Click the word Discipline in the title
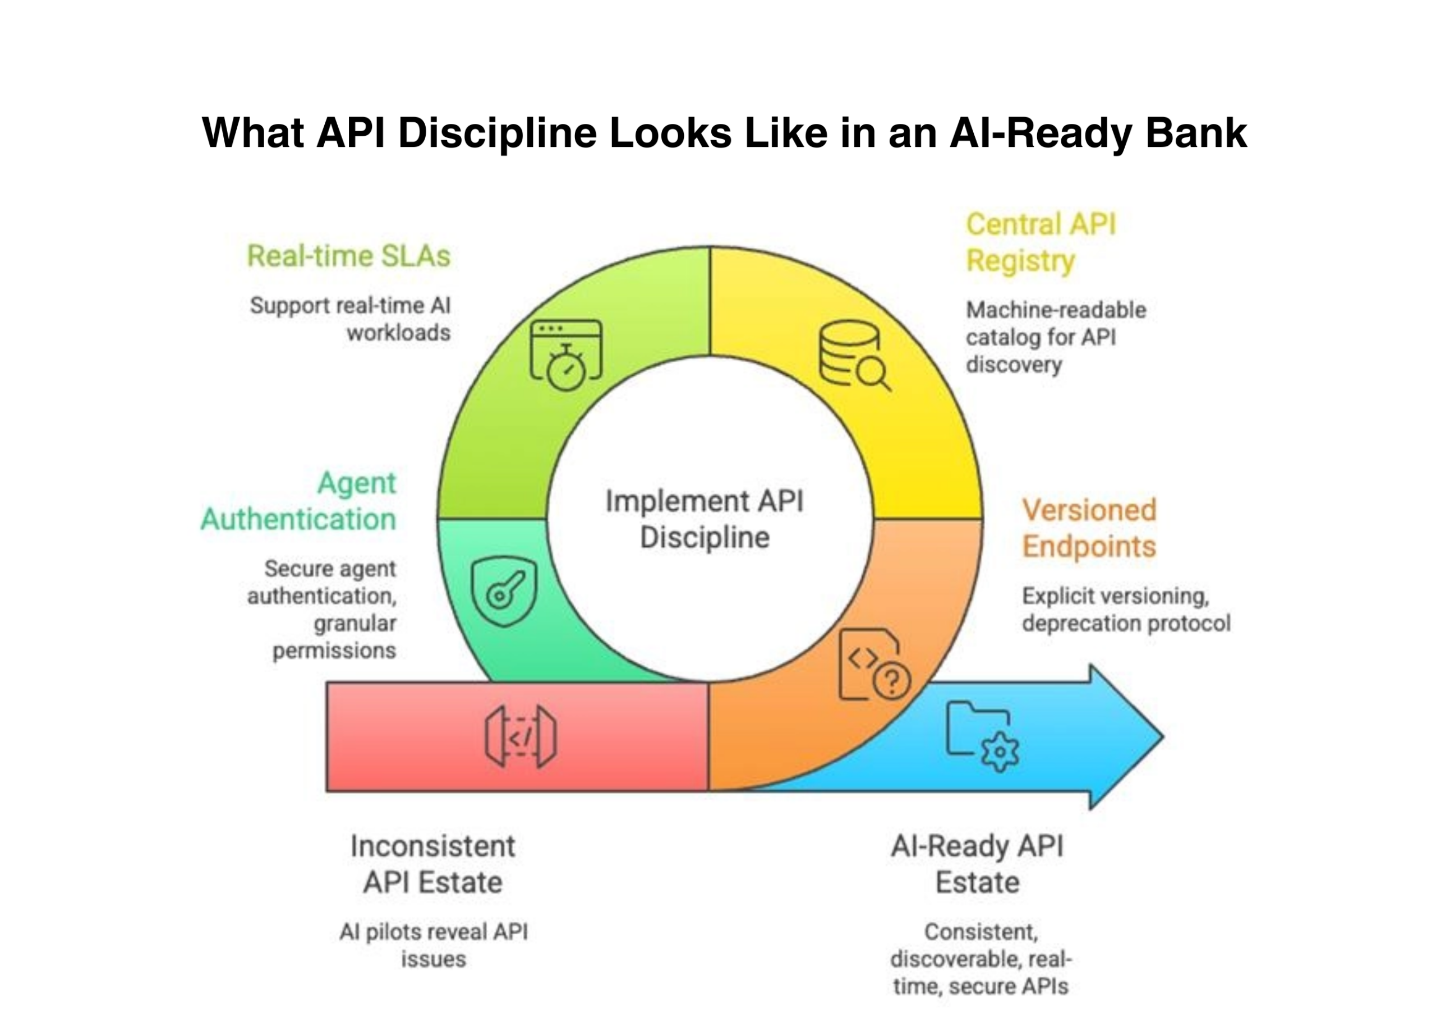(497, 133)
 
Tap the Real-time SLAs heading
(348, 256)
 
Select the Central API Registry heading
(1041, 242)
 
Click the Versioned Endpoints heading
(1089, 528)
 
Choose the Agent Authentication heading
(299, 501)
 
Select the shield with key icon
(504, 591)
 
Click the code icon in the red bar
(521, 736)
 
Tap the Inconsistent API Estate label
(433, 864)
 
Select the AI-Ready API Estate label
(977, 864)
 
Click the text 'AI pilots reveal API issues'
(433, 945)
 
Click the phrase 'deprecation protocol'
(1126, 624)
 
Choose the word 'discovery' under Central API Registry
(1013, 365)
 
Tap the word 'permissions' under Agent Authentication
(334, 651)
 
